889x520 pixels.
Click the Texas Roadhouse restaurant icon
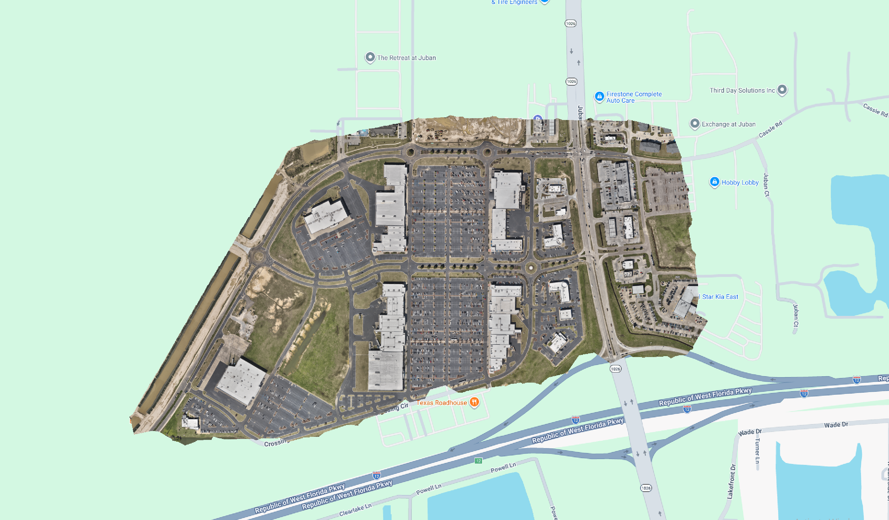click(474, 402)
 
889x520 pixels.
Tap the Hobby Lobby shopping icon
click(714, 182)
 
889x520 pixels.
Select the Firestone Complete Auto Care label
click(634, 97)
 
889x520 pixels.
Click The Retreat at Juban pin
click(370, 57)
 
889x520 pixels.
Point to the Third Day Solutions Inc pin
click(782, 90)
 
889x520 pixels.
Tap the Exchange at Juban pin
click(694, 123)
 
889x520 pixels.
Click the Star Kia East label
click(720, 297)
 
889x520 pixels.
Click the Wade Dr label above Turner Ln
click(750, 432)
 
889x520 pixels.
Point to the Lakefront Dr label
click(731, 481)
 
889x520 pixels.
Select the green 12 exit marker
click(478, 461)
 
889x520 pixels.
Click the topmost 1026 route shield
click(570, 23)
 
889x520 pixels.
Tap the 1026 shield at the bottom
click(646, 488)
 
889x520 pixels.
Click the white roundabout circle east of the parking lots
click(531, 268)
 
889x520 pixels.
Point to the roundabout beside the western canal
click(259, 255)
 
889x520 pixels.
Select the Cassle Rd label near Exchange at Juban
click(770, 129)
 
